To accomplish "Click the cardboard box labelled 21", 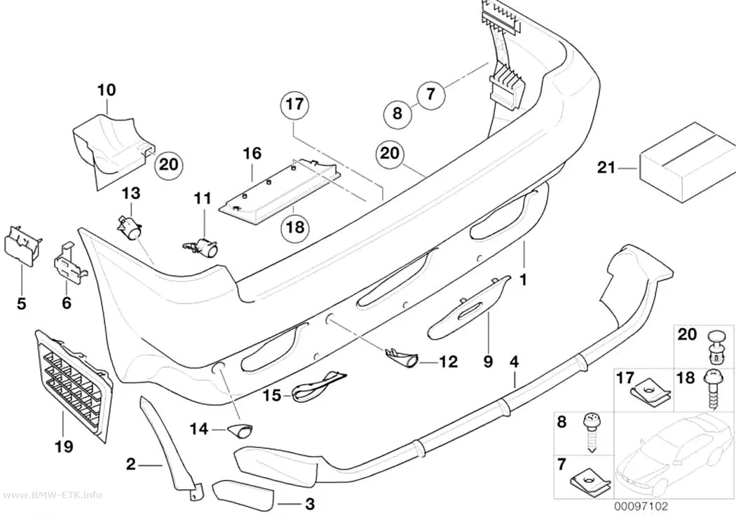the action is (687, 162).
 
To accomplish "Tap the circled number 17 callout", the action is (295, 104).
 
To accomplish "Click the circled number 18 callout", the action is (295, 228).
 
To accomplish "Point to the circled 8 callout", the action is (397, 114).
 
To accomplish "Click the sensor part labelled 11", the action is (201, 247).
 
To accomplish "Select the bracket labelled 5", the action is (22, 245).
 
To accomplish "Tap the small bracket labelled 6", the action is (69, 263).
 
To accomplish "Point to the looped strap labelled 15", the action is (318, 386).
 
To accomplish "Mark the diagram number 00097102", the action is (640, 507).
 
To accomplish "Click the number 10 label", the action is (107, 90).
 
